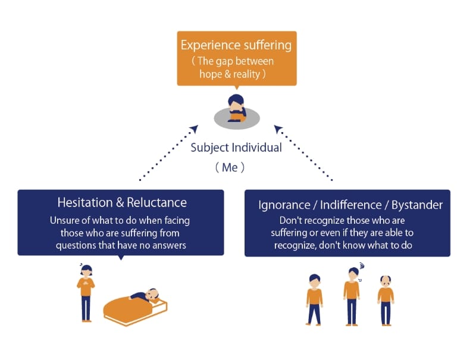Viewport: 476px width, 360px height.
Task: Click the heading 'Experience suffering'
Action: (236, 45)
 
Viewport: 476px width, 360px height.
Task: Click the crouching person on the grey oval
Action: (236, 108)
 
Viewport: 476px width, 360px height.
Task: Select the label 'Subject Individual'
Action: (236, 147)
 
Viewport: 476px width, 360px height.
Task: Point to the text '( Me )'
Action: (230, 167)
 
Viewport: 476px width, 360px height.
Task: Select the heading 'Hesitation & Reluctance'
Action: (121, 202)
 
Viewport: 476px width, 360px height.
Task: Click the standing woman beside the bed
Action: (86, 292)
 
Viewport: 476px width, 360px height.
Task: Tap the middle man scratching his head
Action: (352, 295)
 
